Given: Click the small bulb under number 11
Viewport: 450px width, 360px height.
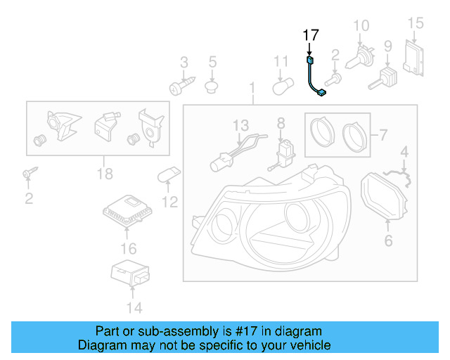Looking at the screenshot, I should click(281, 86).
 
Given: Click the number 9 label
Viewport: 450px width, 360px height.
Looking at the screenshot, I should click(387, 47).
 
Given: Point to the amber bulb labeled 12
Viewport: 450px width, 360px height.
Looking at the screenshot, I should click(172, 174).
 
